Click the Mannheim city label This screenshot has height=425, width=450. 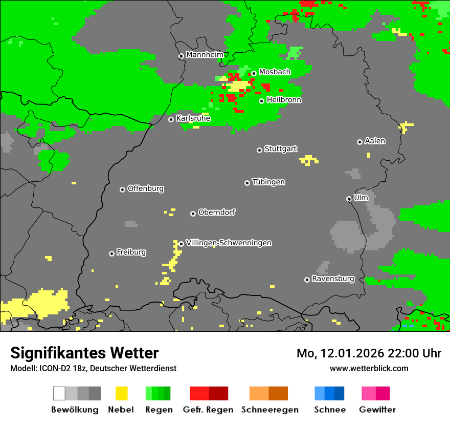(x=205, y=55)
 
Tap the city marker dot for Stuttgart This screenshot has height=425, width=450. (x=259, y=150)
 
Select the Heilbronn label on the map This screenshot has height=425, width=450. (x=284, y=100)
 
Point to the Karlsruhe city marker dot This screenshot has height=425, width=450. (x=171, y=119)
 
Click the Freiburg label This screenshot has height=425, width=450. (x=131, y=252)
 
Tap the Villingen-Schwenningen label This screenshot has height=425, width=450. (x=229, y=243)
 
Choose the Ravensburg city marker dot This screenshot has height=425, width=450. (x=307, y=280)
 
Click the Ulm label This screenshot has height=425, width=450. (x=361, y=198)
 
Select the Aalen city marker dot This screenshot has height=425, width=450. (x=359, y=142)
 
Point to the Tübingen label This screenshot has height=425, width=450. (x=268, y=182)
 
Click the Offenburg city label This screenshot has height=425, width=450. (x=146, y=188)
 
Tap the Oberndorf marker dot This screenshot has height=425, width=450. (x=193, y=214)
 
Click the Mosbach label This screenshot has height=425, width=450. (x=275, y=72)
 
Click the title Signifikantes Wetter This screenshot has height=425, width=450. (x=84, y=353)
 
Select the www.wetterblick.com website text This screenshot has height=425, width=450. (x=369, y=368)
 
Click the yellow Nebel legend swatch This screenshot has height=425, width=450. (x=121, y=393)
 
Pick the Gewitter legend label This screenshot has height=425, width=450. (x=377, y=410)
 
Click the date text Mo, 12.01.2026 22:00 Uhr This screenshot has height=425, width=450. (x=369, y=353)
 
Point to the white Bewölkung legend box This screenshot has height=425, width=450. (x=59, y=393)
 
